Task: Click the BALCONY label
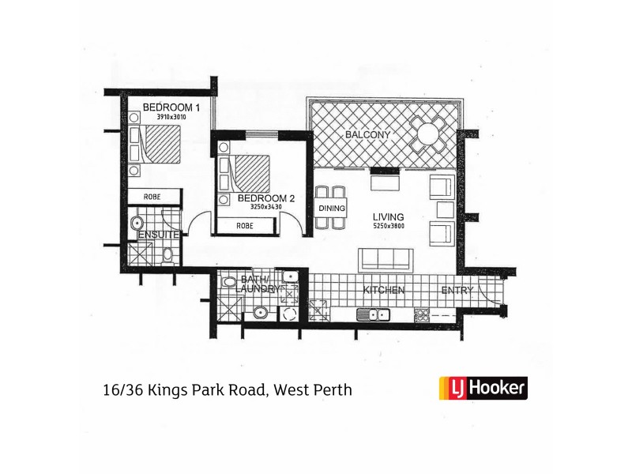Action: coord(367,135)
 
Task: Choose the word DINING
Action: coord(329,208)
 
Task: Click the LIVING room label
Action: coord(389,216)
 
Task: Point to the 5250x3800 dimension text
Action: coord(388,227)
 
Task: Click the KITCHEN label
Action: coord(384,291)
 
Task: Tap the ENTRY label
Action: coord(458,291)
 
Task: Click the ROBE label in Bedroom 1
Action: coord(154,195)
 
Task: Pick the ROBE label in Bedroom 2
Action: coord(245,226)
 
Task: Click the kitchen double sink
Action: coord(374,316)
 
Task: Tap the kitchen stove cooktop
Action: coord(422,316)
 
